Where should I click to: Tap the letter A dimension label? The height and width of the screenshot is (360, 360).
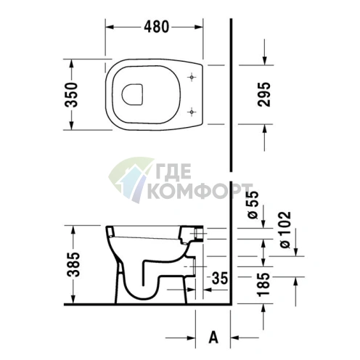click(x=213, y=337)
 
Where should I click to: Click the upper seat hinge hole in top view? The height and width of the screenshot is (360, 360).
click(x=191, y=77)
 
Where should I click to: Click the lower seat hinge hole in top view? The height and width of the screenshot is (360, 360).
click(x=191, y=110)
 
